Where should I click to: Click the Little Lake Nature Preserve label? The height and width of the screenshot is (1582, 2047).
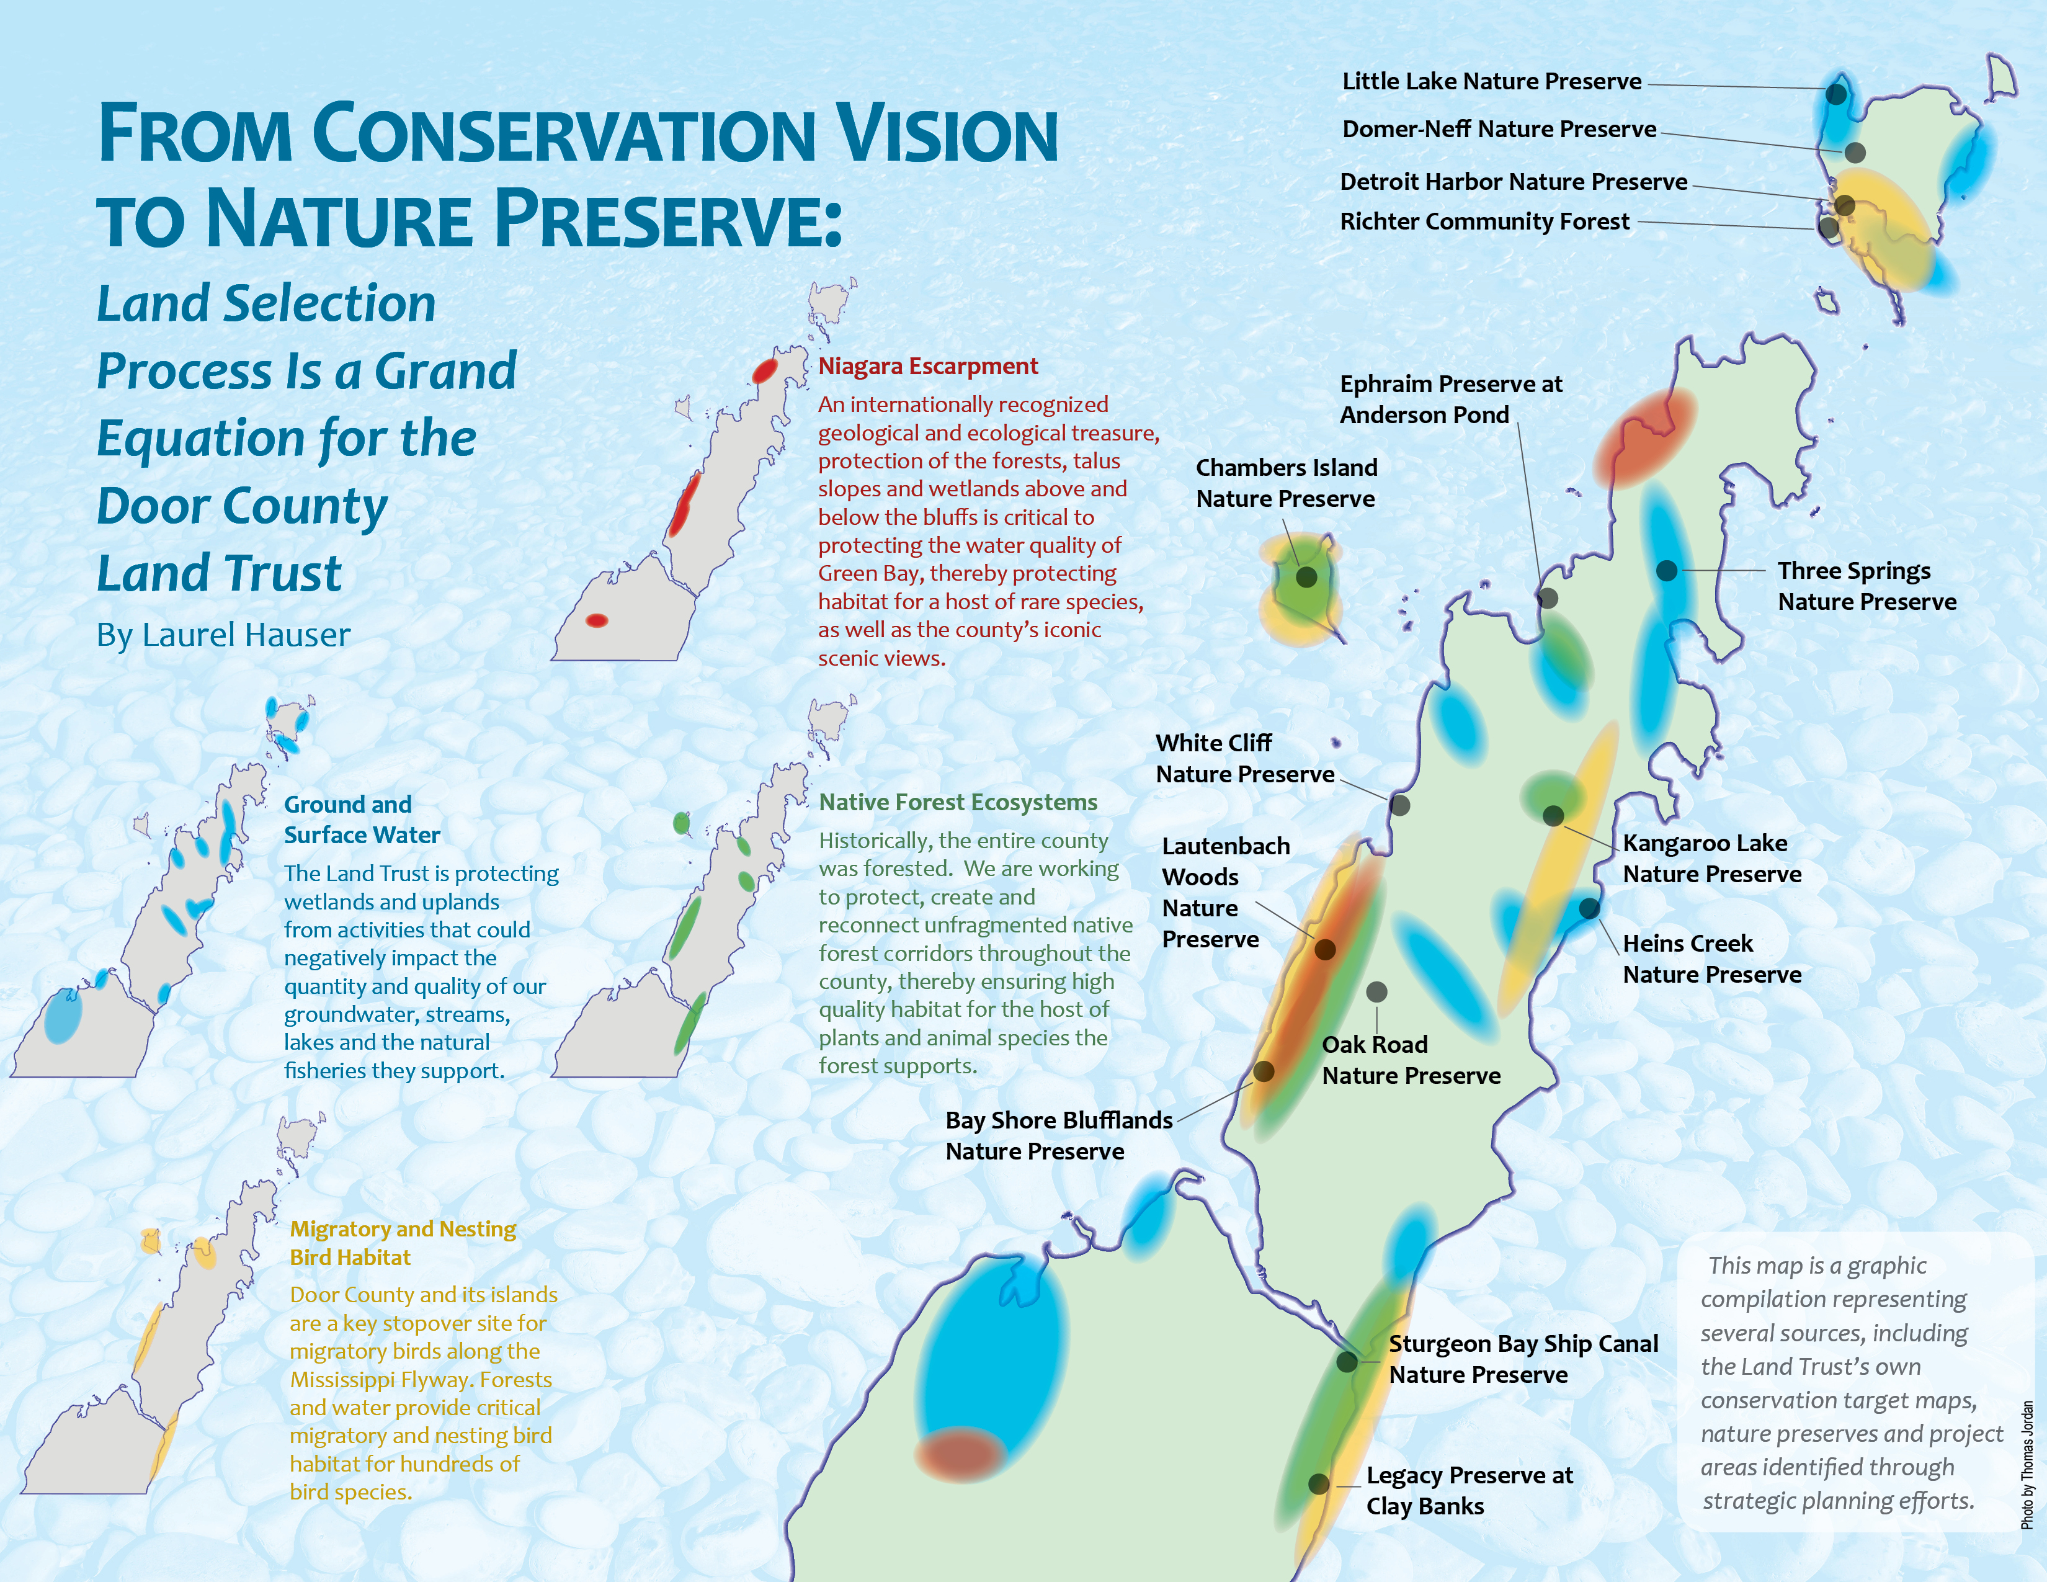point(1491,81)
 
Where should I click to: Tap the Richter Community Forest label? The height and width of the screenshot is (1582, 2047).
point(1484,222)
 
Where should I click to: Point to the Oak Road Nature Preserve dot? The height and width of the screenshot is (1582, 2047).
point(1377,991)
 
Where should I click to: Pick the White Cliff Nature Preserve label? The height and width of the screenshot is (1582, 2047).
point(1245,758)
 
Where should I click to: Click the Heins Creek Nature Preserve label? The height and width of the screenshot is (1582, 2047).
point(1711,959)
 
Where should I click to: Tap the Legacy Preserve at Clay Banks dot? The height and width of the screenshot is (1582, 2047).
point(1319,1483)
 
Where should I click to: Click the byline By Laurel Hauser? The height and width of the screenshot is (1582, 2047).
point(223,635)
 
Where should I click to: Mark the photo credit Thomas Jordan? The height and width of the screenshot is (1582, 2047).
point(2027,1465)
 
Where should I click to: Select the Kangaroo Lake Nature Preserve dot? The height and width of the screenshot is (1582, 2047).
point(1553,815)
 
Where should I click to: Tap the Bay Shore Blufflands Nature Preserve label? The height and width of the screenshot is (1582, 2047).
point(1059,1136)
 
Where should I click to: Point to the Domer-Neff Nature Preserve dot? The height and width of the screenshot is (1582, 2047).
point(1855,152)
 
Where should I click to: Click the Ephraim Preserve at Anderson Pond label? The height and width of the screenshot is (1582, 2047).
point(1451,400)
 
